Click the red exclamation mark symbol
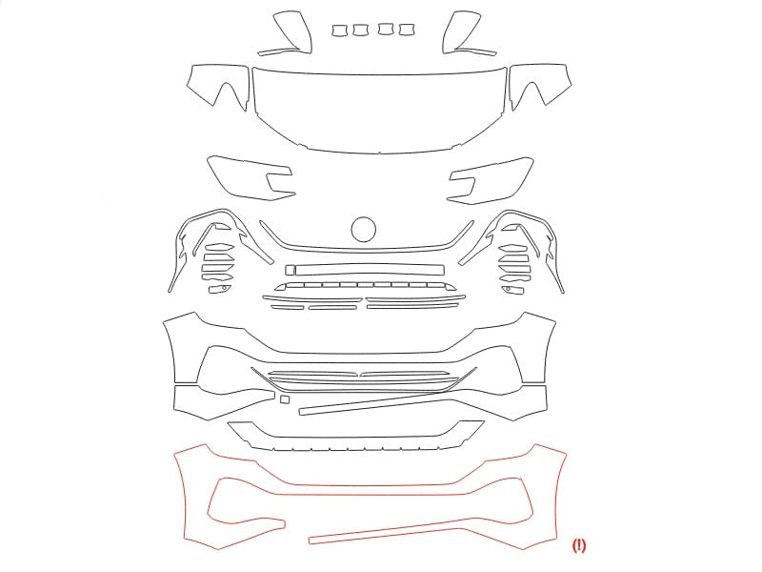579,545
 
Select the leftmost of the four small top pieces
339,31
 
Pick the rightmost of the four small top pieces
407,30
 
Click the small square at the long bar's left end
291,270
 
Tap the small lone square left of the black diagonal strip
285,399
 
